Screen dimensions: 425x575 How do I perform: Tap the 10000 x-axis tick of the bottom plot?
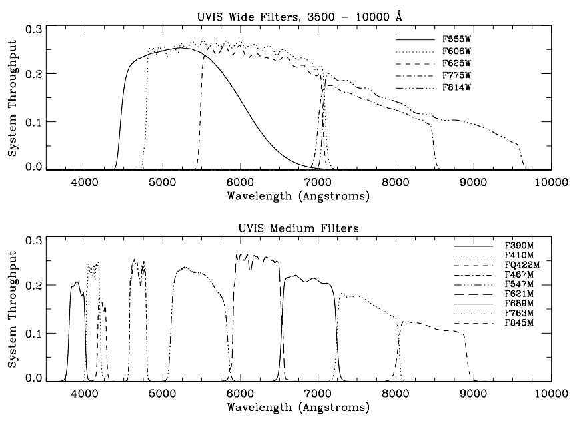pos(550,394)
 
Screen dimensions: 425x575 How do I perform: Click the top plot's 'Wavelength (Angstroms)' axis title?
pos(298,195)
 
